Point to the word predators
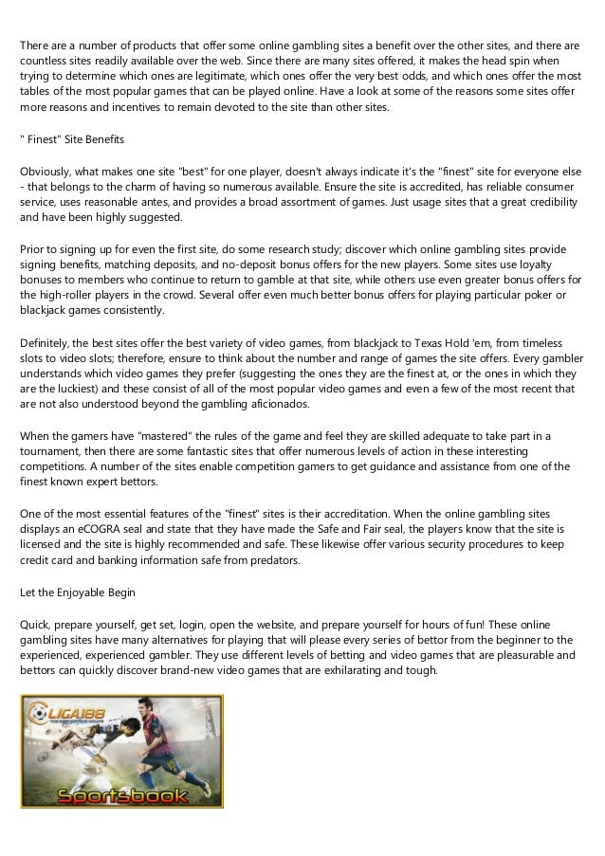click(270, 560)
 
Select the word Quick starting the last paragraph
click(35, 624)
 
